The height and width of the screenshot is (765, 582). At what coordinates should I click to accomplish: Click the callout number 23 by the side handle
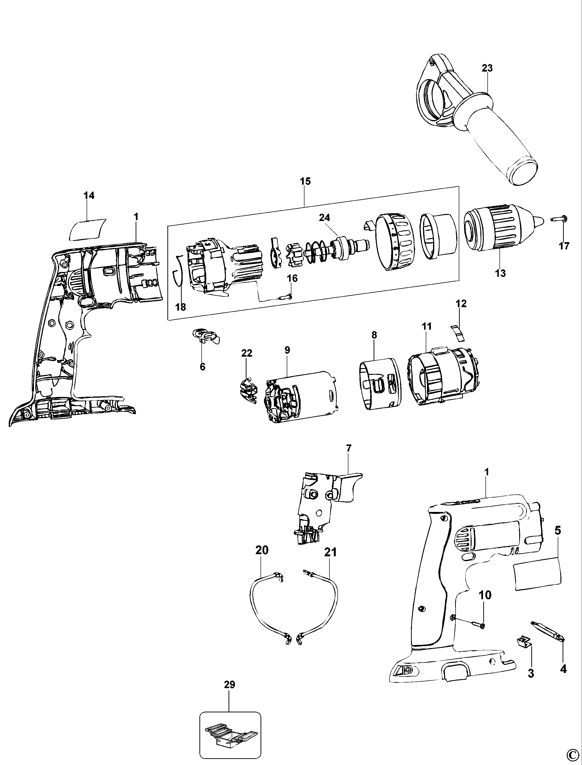point(487,68)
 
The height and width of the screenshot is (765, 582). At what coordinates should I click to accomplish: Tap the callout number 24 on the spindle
point(325,218)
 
